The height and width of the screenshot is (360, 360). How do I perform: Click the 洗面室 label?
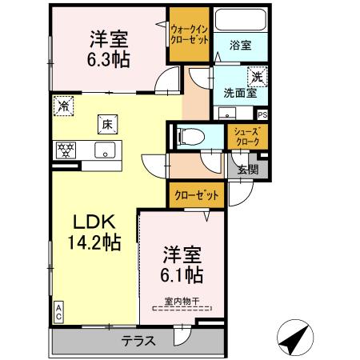click(x=239, y=92)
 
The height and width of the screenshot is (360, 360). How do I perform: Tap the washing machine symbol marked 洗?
click(x=258, y=77)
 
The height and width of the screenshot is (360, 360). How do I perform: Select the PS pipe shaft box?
click(x=262, y=114)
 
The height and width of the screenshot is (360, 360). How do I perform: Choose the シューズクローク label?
click(x=245, y=137)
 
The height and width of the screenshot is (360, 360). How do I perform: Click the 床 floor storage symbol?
click(x=106, y=123)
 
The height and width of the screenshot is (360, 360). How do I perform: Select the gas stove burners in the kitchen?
click(x=65, y=149)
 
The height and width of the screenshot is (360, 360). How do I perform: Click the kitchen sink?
click(x=104, y=149)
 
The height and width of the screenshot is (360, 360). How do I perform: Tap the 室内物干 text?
click(x=182, y=302)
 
